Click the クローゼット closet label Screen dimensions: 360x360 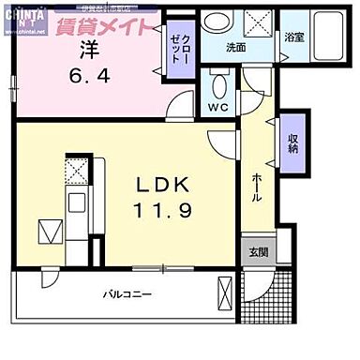click(x=178, y=42)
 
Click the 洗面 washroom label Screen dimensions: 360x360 click(x=235, y=48)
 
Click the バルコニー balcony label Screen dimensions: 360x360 click(x=127, y=294)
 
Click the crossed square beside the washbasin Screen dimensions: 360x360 click(x=260, y=20)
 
